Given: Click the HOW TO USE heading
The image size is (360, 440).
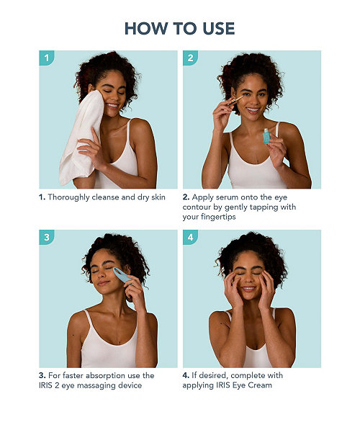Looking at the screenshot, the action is pos(179,29).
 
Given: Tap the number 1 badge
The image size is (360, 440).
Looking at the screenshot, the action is pos(46,58).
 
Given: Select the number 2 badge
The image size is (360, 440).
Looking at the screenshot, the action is pos(190,58).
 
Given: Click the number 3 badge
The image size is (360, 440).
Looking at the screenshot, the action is pos(46,237).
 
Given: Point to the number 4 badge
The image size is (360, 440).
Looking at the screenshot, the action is pos(190,237).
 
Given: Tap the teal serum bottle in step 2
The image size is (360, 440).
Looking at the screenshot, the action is pos(266,136).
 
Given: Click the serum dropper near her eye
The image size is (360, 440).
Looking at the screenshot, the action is pos(235,100).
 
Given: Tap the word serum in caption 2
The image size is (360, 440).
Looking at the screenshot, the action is pos(224,197).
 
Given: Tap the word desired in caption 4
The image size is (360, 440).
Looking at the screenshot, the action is pos(213,375).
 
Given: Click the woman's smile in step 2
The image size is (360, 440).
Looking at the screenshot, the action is pos(253,109).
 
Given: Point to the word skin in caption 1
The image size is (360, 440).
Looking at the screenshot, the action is pos(158,197).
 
